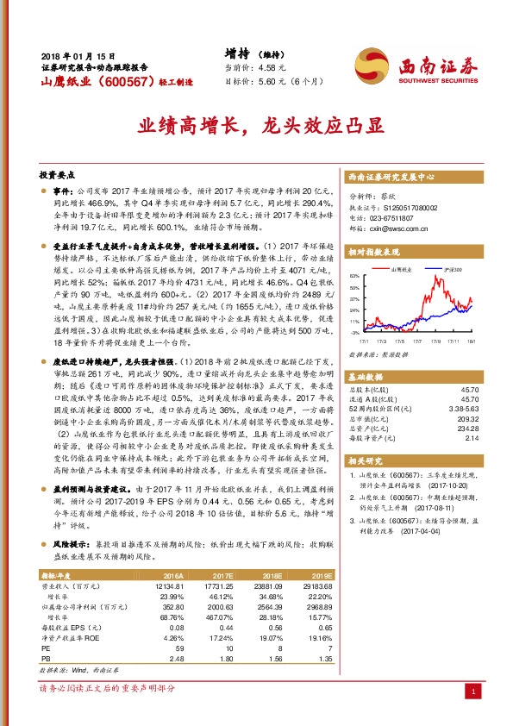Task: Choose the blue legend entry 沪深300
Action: pyautogui.click(x=454, y=270)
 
